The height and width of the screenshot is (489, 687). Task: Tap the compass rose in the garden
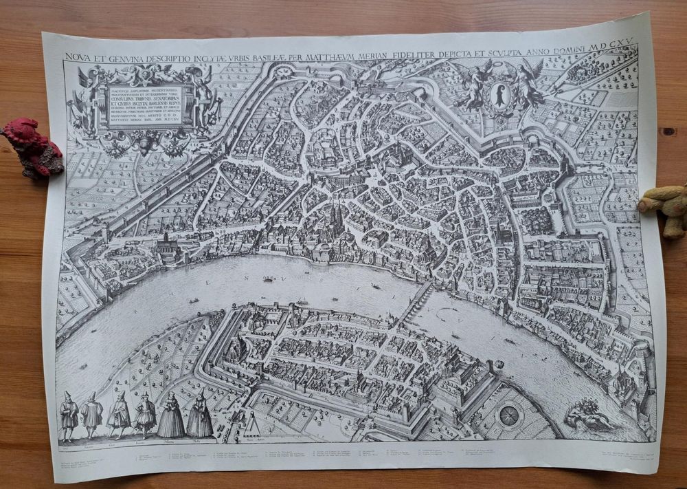(509, 415)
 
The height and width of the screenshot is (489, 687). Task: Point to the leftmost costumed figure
(69, 415)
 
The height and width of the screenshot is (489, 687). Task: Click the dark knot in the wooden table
(665, 131)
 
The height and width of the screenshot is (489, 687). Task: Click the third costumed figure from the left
(120, 415)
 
